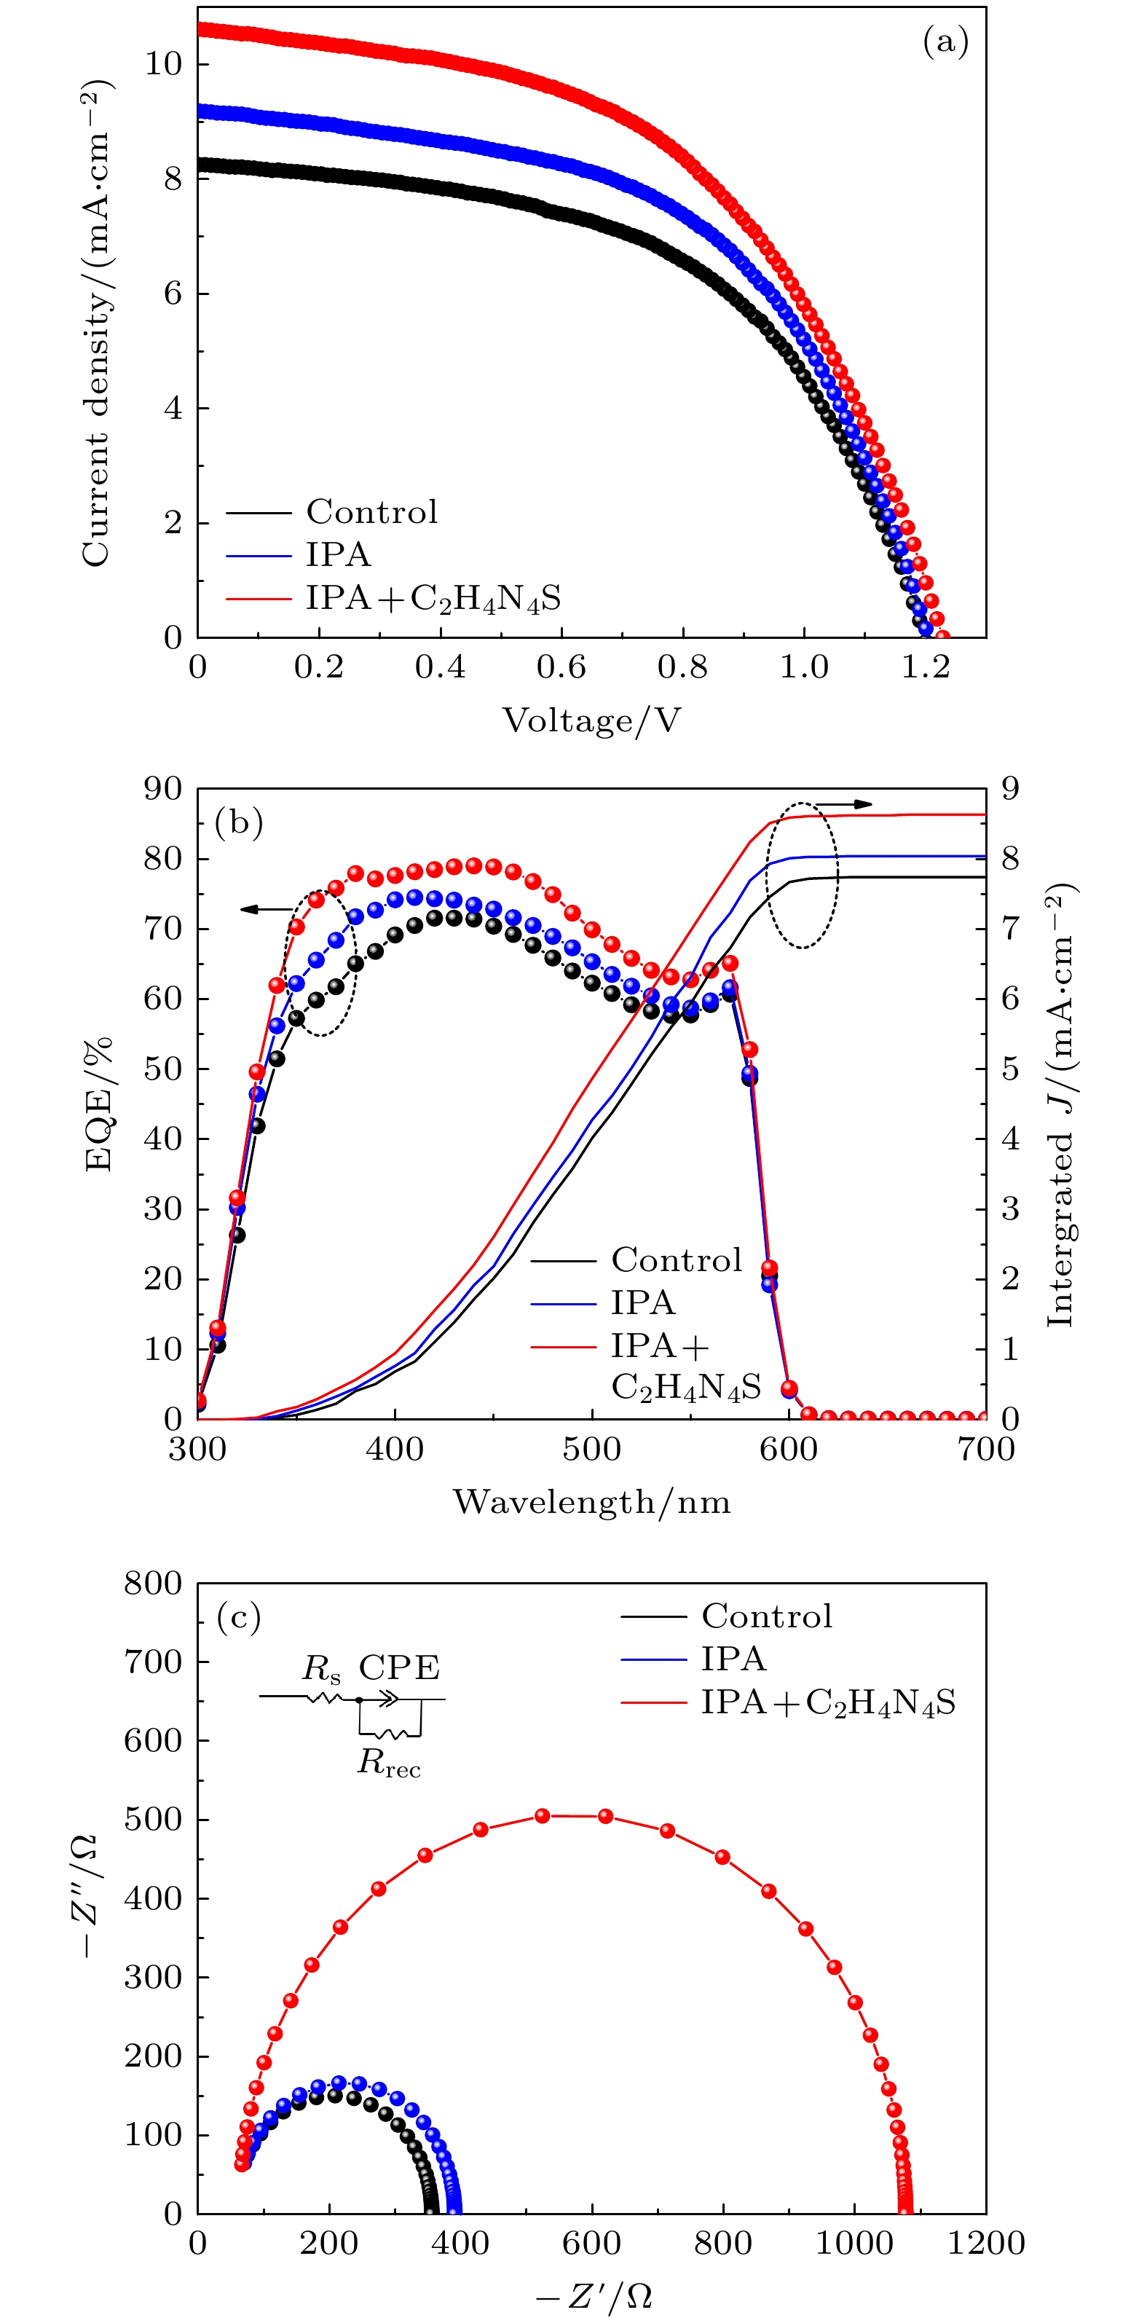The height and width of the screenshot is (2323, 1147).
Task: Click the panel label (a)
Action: click(945, 42)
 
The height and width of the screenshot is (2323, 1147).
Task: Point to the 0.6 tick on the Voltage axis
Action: click(561, 667)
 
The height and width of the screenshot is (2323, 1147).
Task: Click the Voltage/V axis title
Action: click(591, 720)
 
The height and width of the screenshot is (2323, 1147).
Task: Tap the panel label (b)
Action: click(239, 822)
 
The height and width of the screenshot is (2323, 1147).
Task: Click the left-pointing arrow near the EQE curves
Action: click(267, 909)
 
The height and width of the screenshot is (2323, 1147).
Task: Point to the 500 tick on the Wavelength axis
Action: click(591, 1449)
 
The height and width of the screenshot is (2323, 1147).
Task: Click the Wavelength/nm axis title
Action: click(591, 1501)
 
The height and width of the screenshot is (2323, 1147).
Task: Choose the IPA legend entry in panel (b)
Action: click(643, 1302)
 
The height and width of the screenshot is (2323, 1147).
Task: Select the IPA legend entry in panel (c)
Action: click(734, 1659)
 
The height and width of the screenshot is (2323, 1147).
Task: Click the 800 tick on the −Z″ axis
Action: click(153, 1583)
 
